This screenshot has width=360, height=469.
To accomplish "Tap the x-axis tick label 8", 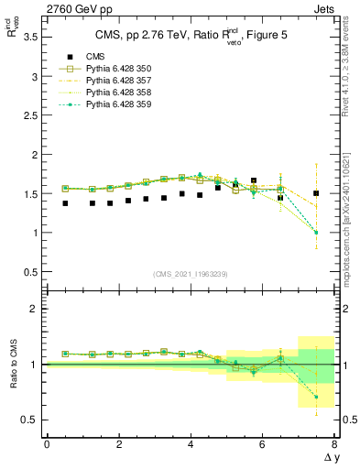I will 334,444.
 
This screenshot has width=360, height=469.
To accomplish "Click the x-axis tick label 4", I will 191,444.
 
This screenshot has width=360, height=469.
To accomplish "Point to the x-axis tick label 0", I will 47,444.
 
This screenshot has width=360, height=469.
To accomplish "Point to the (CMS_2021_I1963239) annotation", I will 190,274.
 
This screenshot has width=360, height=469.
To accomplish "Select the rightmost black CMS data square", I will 316,193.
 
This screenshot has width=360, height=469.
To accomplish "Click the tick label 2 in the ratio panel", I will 35,309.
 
